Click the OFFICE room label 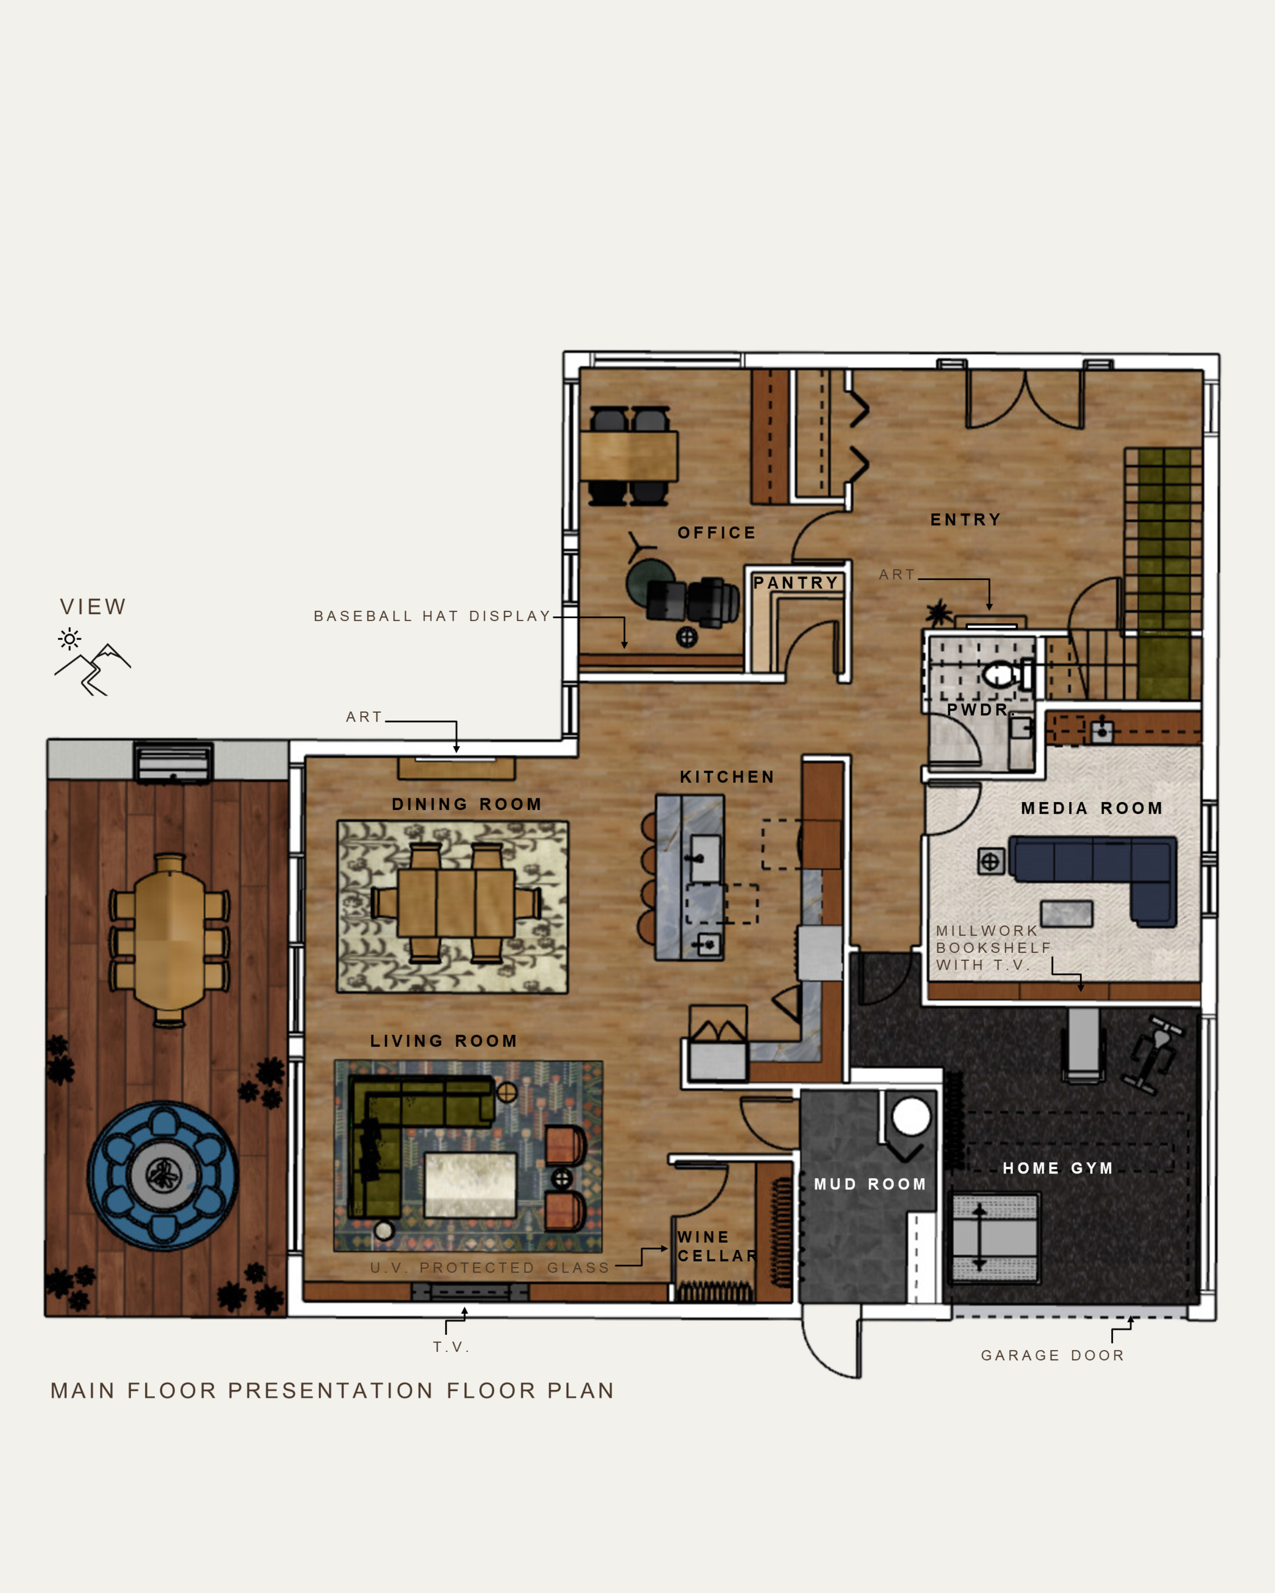pyautogui.click(x=716, y=533)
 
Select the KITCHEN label pyautogui.click(x=727, y=776)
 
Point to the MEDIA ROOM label pyautogui.click(x=1092, y=808)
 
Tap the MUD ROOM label pyautogui.click(x=870, y=1184)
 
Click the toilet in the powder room pyautogui.click(x=1007, y=674)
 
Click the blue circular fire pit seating pyautogui.click(x=163, y=1176)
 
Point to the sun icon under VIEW pyautogui.click(x=69, y=638)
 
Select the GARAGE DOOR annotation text pyautogui.click(x=1053, y=1355)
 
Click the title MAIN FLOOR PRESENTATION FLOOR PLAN pyautogui.click(x=333, y=1391)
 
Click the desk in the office pyautogui.click(x=628, y=456)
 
